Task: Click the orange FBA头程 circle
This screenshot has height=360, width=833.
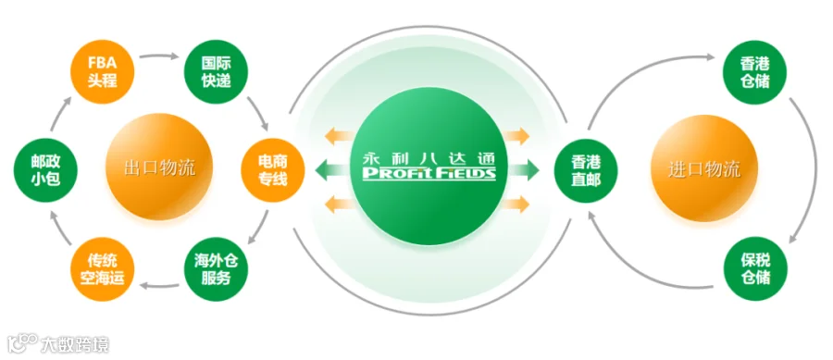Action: click(x=102, y=72)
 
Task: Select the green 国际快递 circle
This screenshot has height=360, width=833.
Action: click(x=216, y=72)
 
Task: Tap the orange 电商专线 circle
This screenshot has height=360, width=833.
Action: click(x=273, y=171)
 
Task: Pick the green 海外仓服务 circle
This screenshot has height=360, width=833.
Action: click(x=216, y=269)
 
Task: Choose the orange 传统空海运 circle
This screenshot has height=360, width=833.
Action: click(x=102, y=269)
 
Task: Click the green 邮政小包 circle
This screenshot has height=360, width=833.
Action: click(x=45, y=171)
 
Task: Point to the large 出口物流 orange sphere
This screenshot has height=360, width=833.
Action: click(x=159, y=168)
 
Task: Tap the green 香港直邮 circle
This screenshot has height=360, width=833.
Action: click(x=586, y=171)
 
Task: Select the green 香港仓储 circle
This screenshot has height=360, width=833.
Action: click(x=755, y=72)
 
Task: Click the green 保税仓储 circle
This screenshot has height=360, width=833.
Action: click(x=755, y=269)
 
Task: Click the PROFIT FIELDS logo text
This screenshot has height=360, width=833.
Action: click(x=429, y=173)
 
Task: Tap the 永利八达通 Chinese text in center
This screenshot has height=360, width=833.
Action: click(x=429, y=157)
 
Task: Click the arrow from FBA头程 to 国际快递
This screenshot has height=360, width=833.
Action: click(x=159, y=55)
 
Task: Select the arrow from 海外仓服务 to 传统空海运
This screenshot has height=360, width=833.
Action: click(x=159, y=287)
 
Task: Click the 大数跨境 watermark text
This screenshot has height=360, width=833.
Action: click(x=75, y=344)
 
